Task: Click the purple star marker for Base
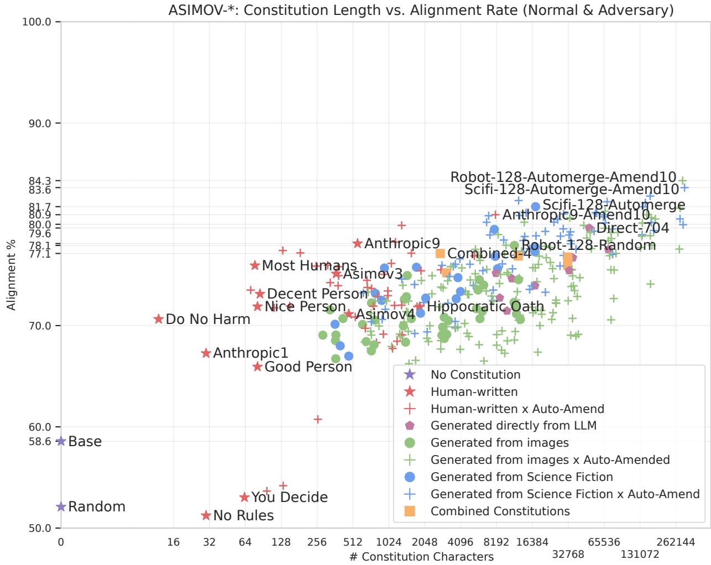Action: tap(61, 441)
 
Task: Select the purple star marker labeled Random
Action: tap(61, 506)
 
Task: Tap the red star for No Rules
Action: tap(206, 515)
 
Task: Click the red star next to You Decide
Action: tap(244, 498)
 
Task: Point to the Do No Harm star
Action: tap(159, 319)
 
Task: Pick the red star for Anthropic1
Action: tap(206, 353)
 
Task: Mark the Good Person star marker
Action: tap(258, 367)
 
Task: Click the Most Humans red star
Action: tap(255, 265)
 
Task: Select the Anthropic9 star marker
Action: tap(358, 243)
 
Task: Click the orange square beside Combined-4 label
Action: tap(440, 253)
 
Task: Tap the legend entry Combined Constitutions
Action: tap(500, 511)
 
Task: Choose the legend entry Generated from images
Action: tap(499, 443)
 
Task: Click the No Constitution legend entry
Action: tap(475, 375)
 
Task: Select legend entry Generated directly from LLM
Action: tap(513, 426)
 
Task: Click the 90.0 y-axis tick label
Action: tap(40, 123)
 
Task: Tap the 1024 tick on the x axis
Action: tap(388, 542)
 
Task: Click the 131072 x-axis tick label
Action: tap(640, 554)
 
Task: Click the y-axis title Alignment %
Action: tap(12, 274)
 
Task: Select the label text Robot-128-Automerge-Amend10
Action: tap(563, 177)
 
